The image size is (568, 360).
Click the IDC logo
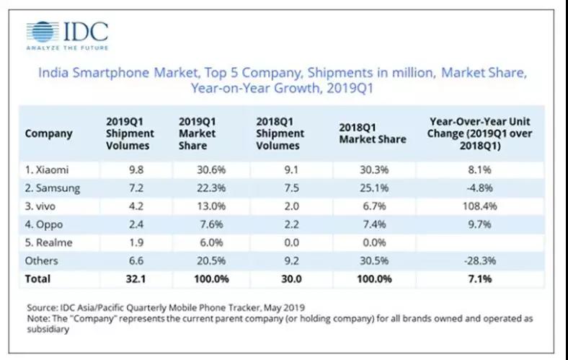tap(67, 32)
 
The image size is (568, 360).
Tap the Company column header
tap(48, 133)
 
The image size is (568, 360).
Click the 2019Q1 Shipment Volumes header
tap(130, 133)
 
